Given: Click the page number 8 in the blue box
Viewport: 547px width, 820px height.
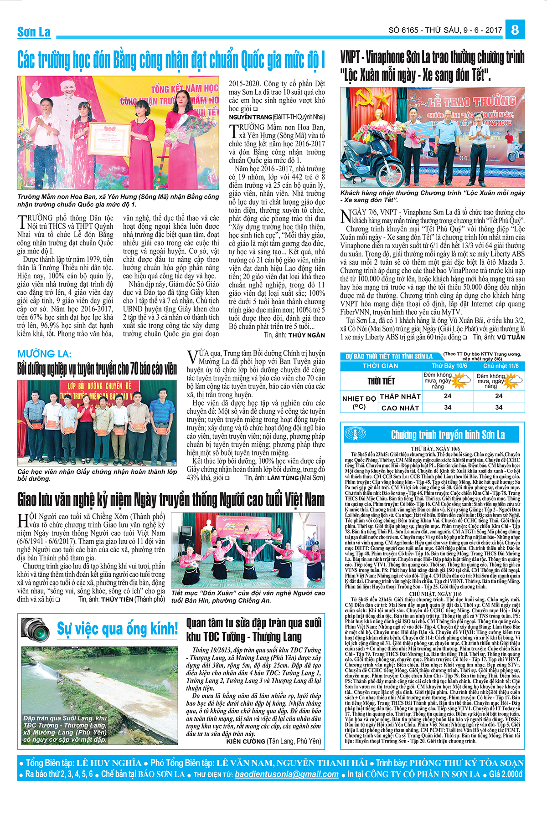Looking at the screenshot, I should pyautogui.click(x=515, y=30).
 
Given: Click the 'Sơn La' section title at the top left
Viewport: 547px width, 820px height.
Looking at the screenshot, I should pyautogui.click(x=34, y=32).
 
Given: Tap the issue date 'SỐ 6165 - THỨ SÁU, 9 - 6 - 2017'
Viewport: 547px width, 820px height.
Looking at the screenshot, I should pyautogui.click(x=445, y=31).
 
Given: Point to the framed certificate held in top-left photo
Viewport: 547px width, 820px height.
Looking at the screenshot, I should pyautogui.click(x=108, y=139).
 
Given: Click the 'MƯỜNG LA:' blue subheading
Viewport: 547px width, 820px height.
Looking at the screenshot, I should pyautogui.click(x=44, y=354).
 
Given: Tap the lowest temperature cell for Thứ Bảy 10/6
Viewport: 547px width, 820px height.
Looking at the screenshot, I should pyautogui.click(x=448, y=396).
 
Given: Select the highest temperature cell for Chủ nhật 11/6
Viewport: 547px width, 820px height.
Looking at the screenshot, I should pyautogui.click(x=499, y=407).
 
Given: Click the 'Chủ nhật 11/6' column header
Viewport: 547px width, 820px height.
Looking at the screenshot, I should pyautogui.click(x=501, y=366).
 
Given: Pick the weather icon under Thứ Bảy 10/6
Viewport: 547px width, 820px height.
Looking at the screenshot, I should pyautogui.click(x=460, y=379).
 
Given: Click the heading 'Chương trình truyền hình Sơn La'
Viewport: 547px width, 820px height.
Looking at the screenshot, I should pyautogui.click(x=448, y=435).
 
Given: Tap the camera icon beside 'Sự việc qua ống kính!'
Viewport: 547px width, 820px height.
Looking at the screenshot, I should pyautogui.click(x=36, y=628).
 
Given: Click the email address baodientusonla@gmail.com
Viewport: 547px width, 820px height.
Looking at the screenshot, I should pyautogui.click(x=287, y=774).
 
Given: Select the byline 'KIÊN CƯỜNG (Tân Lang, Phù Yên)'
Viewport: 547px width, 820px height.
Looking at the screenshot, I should pyautogui.click(x=273, y=741).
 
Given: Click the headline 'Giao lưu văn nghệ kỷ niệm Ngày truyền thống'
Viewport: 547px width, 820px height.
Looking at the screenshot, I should pyautogui.click(x=171, y=500).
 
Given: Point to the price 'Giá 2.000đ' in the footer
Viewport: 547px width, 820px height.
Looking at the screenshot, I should pyautogui.click(x=506, y=774).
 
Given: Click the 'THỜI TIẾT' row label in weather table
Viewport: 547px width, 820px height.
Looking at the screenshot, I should pyautogui.click(x=381, y=381).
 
